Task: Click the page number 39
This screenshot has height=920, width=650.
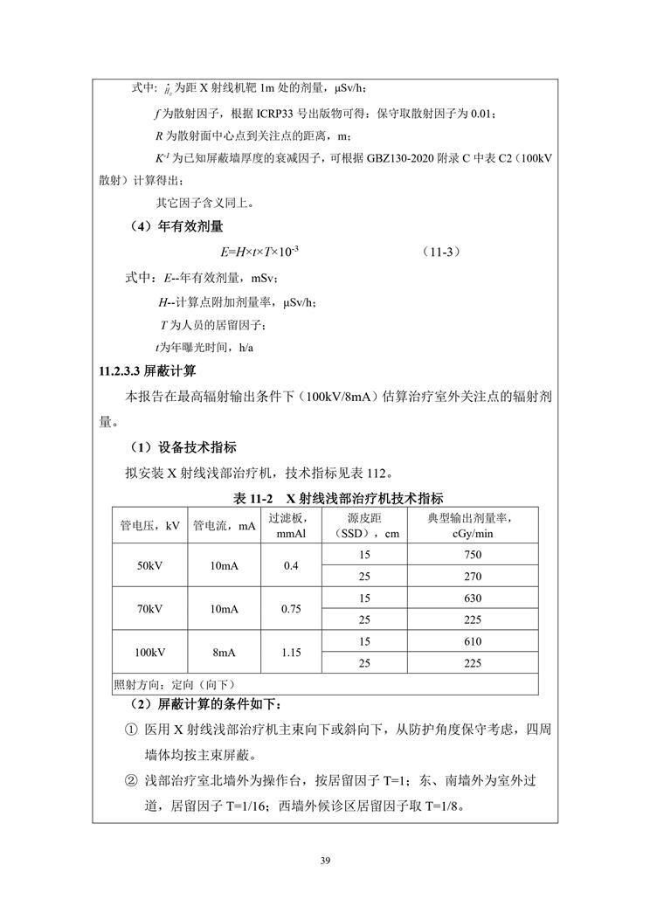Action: tap(325, 862)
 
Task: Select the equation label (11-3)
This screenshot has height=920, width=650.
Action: tap(439, 252)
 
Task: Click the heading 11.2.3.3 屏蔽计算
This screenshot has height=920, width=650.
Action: tap(149, 370)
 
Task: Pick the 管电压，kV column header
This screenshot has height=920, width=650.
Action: tap(149, 525)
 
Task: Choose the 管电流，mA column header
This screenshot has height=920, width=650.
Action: tap(224, 525)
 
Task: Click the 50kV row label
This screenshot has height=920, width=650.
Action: tap(149, 566)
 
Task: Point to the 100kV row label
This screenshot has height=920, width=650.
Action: tap(149, 652)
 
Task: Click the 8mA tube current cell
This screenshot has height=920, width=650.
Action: tap(224, 652)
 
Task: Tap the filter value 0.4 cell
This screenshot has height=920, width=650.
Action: tap(291, 566)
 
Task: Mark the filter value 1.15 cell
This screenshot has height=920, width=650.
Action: tap(291, 652)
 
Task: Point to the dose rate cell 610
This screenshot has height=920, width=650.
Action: tap(473, 641)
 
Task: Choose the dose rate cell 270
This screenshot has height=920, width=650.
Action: tap(473, 577)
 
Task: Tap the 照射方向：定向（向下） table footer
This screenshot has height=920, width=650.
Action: tap(175, 684)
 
